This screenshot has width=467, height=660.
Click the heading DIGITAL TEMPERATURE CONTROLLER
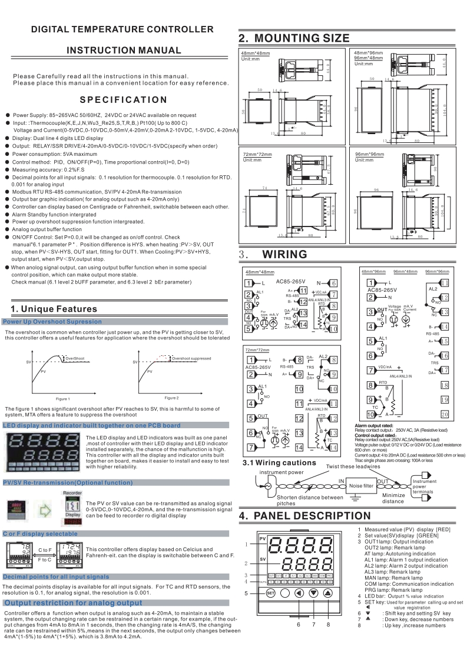point(122,29)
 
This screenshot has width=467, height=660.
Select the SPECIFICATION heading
point(123,99)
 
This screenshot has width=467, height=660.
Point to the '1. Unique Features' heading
point(54,309)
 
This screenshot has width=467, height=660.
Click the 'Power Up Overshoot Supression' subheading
point(52,322)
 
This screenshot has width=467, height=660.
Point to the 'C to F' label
point(45,549)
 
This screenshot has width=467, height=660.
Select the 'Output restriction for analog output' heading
point(74,603)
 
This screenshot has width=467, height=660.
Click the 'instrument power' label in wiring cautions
point(281,472)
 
